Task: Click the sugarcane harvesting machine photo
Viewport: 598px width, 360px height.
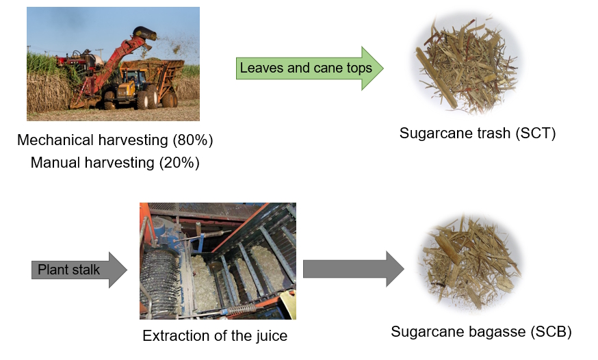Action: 113,64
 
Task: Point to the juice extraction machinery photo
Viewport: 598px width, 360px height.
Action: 218,261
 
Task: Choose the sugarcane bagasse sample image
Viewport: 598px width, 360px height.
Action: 469,263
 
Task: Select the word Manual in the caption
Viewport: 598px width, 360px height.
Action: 54,163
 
